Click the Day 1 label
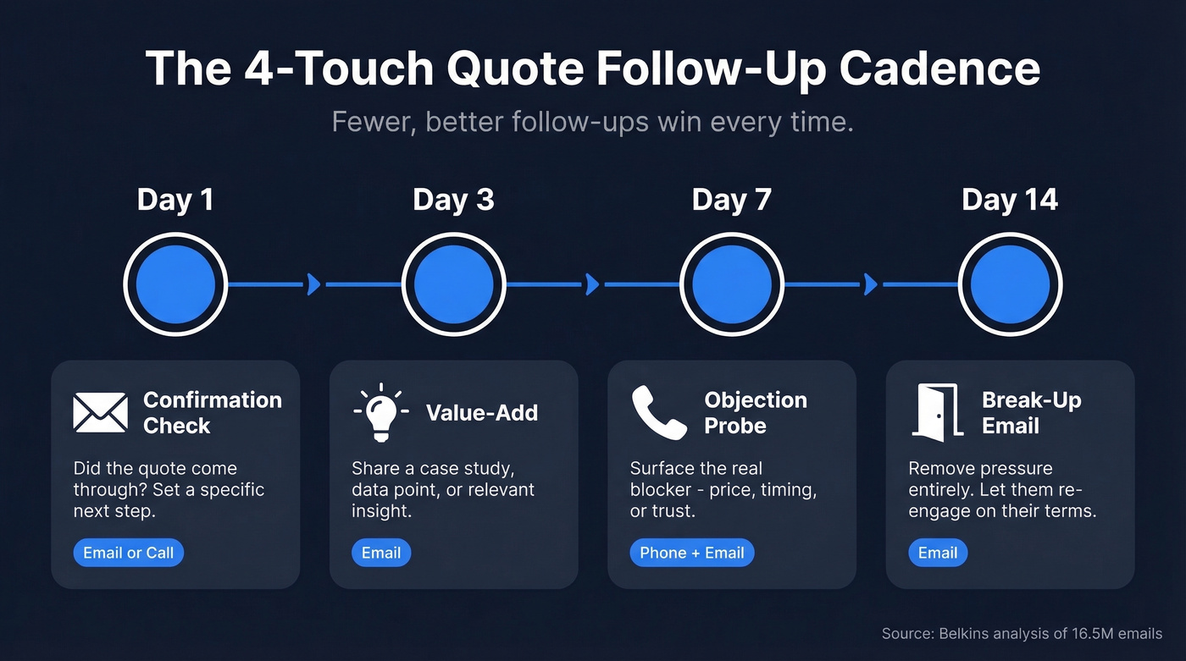coord(175,200)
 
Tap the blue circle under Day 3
coord(453,284)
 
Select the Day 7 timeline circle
coord(731,284)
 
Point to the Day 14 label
coord(1009,200)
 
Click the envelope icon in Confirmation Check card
coord(100,412)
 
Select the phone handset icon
coord(658,412)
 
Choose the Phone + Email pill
coord(691,554)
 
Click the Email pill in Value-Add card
coord(381,554)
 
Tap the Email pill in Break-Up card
coord(938,554)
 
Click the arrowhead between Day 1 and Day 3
coord(313,284)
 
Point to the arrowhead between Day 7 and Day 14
coord(870,284)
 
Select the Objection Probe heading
coord(755,412)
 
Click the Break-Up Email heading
coord(1031,412)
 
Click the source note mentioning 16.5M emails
coord(1022,633)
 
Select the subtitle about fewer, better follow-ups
coord(592,122)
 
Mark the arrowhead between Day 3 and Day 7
coord(592,284)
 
